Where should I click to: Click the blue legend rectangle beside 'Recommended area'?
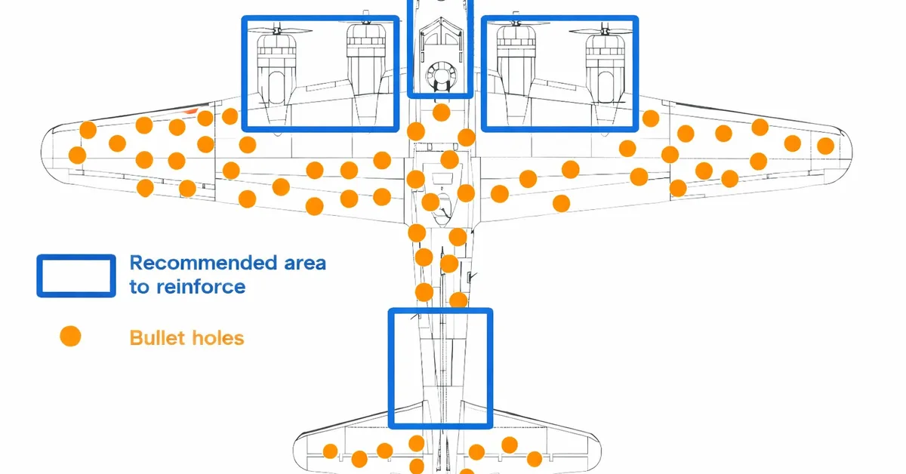tap(76, 275)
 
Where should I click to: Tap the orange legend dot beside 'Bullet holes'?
tap(70, 337)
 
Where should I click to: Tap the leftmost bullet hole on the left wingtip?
tap(77, 155)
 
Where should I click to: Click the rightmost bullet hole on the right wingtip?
tap(825, 146)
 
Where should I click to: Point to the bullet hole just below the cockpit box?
tap(442, 113)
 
